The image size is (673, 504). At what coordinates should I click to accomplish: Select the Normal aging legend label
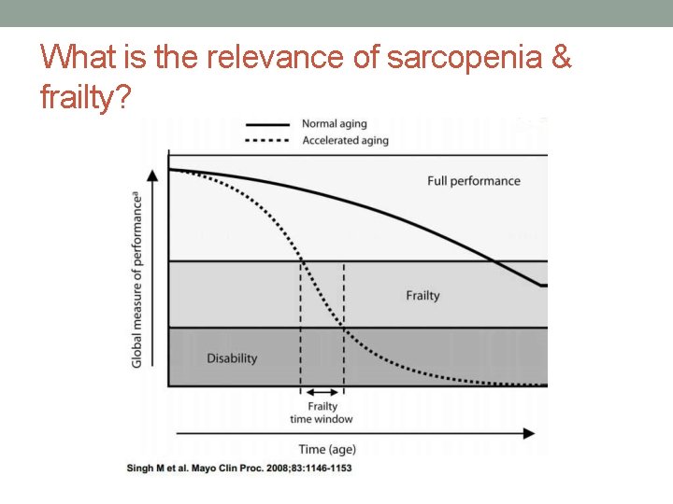pos(334,124)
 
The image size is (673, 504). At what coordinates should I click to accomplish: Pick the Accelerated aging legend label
pos(345,141)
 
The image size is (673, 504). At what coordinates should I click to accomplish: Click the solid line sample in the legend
pos(268,124)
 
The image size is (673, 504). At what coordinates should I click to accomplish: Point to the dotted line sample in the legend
pos(268,141)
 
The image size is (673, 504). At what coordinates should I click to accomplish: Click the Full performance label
pos(473,181)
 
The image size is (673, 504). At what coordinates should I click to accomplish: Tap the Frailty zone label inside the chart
pos(422,296)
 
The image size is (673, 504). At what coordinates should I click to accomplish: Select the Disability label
pos(232,358)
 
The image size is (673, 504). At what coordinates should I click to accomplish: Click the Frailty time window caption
pos(322,413)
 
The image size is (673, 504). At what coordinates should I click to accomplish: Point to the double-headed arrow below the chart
pos(322,393)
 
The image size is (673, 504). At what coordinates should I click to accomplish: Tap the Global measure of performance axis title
pos(136,278)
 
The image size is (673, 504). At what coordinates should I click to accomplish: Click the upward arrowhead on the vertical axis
pos(168,155)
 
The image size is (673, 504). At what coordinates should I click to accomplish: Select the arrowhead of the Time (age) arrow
pos(529,433)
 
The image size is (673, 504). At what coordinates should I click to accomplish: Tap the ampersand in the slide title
pos(561,58)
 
